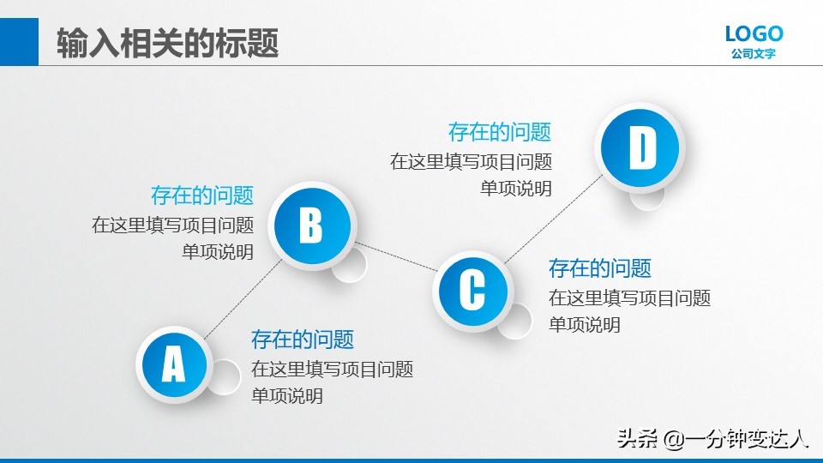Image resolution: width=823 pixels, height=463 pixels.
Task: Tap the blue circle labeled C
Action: (472, 291)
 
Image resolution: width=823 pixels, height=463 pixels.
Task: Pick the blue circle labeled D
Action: (641, 148)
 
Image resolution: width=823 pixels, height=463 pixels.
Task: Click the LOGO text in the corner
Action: (754, 34)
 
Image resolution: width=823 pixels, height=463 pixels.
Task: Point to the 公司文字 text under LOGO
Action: (754, 54)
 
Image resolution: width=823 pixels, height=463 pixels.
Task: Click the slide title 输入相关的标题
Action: (168, 43)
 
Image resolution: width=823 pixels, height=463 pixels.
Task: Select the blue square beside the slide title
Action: (19, 42)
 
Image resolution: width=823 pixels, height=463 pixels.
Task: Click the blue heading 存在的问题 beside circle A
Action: (303, 340)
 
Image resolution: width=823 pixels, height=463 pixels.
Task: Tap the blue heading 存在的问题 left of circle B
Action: (202, 195)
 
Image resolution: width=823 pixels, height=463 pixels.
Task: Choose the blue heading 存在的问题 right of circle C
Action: (600, 268)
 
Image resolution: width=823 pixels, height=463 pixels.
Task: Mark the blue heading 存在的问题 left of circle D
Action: (500, 132)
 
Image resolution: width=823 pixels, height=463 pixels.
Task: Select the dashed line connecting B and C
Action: (396, 258)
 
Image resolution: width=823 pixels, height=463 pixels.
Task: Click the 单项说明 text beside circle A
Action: (287, 396)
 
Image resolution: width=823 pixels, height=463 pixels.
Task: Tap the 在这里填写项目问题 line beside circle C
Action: (630, 298)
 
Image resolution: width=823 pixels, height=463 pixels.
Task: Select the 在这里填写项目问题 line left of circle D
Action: (472, 161)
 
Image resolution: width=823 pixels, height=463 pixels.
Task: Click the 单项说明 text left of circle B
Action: (218, 252)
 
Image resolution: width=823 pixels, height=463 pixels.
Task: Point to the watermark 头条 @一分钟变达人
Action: (713, 439)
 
